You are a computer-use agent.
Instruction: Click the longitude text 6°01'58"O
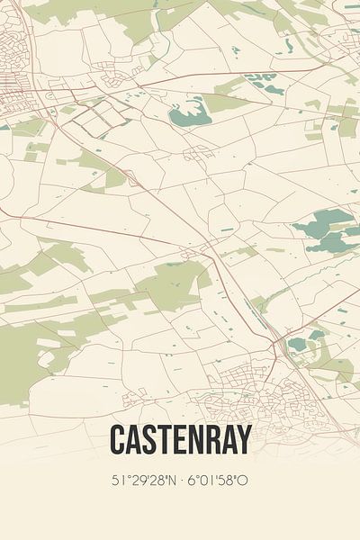(218, 481)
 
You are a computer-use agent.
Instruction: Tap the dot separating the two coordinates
(180, 481)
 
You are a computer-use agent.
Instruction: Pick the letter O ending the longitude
(244, 481)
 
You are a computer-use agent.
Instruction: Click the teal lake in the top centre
(189, 112)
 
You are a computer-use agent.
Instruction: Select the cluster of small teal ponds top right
(263, 83)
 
